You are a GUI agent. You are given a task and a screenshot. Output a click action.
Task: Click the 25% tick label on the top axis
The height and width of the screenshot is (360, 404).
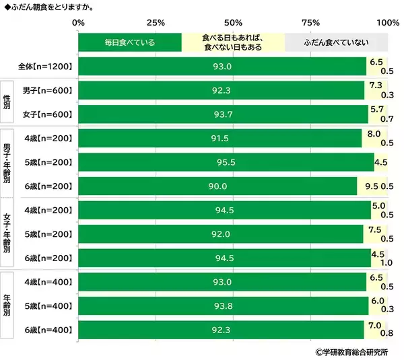(156, 23)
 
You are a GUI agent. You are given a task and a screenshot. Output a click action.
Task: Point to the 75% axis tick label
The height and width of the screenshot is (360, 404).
(310, 23)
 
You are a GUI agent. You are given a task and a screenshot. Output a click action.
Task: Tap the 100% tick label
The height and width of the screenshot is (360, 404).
(388, 23)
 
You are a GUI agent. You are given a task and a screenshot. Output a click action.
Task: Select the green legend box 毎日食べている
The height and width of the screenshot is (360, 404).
(130, 42)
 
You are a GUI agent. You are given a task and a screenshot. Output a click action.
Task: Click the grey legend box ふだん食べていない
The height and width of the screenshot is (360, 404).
(336, 42)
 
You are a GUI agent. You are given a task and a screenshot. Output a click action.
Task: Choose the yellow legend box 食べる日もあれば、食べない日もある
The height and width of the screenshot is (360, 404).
(232, 42)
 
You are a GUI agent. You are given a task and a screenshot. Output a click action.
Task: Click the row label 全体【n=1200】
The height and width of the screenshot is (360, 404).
(45, 67)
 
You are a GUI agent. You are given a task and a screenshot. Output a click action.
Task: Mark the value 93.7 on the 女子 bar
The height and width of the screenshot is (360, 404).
(223, 114)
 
